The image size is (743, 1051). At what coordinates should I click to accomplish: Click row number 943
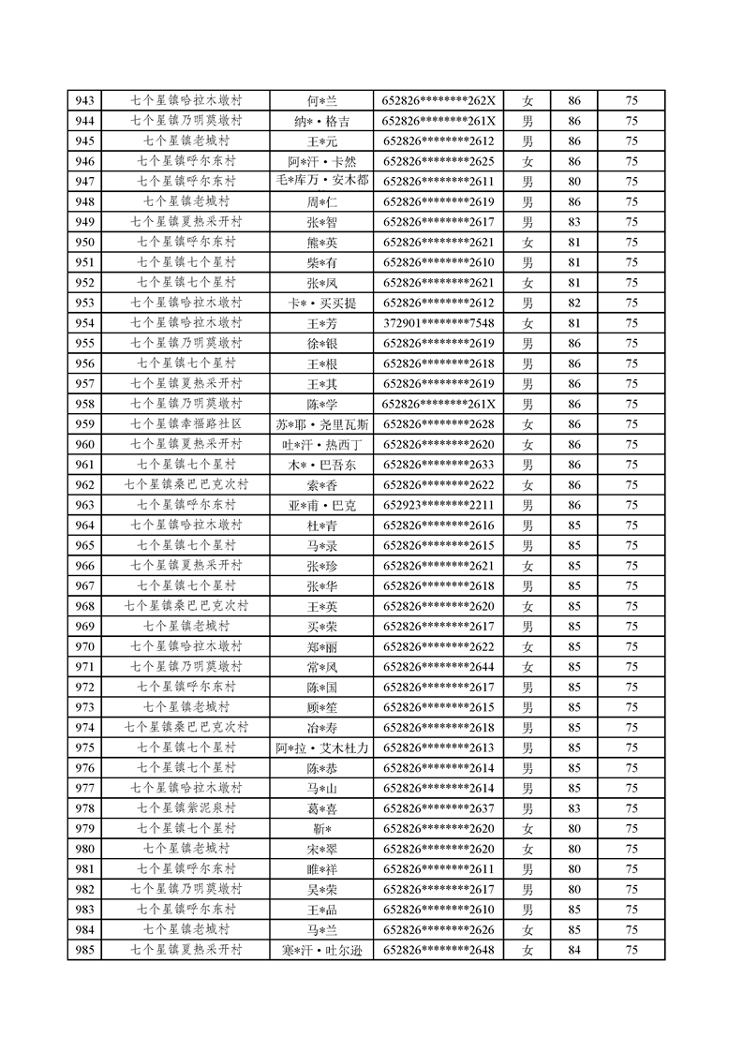point(84,100)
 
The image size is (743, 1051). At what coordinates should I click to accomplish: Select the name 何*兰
point(321,100)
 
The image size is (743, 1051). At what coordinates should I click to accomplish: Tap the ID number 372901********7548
point(439,323)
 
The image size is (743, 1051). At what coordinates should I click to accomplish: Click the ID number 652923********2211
point(439,506)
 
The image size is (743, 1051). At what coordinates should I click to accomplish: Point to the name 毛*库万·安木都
point(321,182)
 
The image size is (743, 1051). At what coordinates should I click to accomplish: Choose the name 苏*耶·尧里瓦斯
point(321,424)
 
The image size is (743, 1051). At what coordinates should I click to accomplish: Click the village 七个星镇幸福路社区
point(186,424)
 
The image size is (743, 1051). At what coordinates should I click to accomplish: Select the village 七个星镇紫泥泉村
point(186,808)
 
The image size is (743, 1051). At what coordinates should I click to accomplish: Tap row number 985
point(84,950)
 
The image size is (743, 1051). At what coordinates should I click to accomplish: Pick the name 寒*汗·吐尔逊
point(321,950)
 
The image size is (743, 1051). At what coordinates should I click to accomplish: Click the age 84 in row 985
point(574,950)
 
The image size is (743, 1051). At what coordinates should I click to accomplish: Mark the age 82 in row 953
point(574,303)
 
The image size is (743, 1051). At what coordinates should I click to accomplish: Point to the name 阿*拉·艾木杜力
point(321,748)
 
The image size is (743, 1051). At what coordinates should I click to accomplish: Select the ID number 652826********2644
point(439,667)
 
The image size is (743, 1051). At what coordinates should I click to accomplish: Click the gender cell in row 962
point(528,485)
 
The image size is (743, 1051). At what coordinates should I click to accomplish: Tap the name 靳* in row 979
point(321,829)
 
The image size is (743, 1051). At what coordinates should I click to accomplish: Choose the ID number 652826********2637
point(439,808)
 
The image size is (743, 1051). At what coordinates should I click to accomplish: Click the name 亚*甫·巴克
point(321,506)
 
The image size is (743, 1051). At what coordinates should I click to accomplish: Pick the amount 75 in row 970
point(632,646)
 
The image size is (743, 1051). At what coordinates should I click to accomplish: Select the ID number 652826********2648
point(439,950)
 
